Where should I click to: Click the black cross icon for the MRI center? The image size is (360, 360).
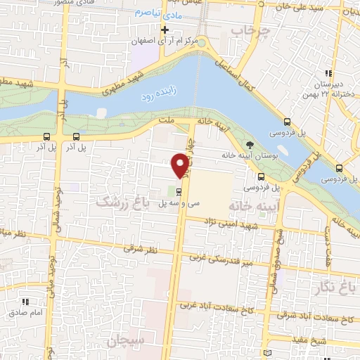pos(165,30)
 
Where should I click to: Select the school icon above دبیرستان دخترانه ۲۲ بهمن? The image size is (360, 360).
pos(328,73)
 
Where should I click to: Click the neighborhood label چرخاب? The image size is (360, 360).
pos(247,32)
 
